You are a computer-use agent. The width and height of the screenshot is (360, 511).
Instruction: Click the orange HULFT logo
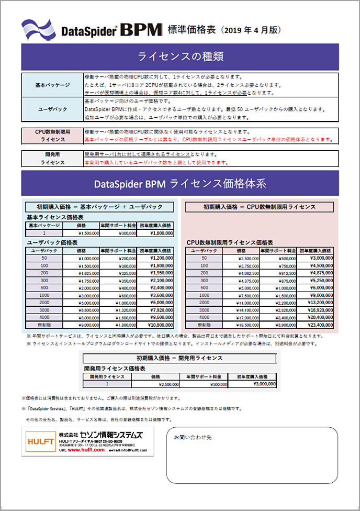[x=40, y=441]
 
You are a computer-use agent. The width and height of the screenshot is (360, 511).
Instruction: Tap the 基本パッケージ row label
[x=52, y=85]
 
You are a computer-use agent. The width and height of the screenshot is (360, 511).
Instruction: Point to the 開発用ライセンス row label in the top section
[x=52, y=158]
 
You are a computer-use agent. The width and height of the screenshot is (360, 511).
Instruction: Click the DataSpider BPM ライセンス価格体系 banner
[x=180, y=184]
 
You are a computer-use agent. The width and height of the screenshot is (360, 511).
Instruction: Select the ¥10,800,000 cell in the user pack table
[x=157, y=325]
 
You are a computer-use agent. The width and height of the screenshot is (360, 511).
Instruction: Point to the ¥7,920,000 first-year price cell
[x=157, y=310]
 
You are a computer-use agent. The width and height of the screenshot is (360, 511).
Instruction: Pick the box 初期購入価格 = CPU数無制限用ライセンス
[x=260, y=207]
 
